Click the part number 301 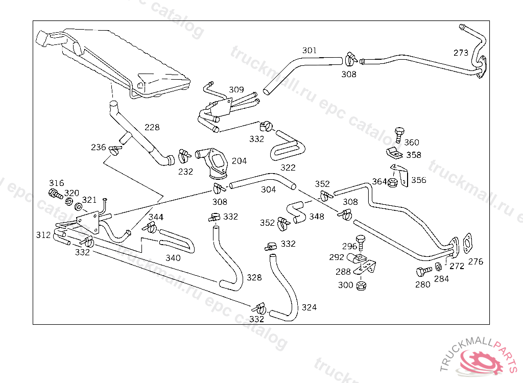coord(310,51)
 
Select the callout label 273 coord(461,53)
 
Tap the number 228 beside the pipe coord(152,127)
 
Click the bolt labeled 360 coord(398,135)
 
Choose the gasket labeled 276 coord(467,243)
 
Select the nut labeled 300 coord(360,285)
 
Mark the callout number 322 coord(288,167)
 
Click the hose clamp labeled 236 coord(115,150)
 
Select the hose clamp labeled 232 coord(184,155)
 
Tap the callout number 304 coord(268,190)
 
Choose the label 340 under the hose coord(173,258)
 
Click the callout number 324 coord(309,307)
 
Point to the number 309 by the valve coord(236,90)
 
